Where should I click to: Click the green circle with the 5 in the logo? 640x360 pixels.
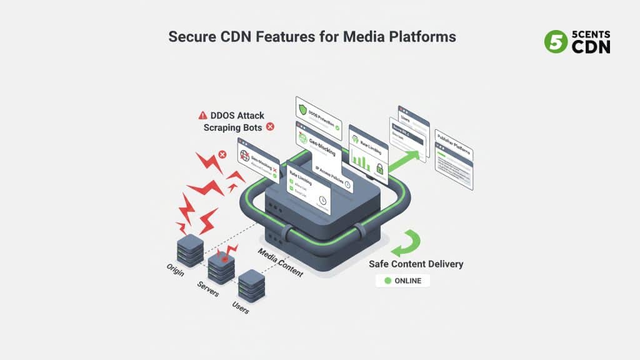click(555, 42)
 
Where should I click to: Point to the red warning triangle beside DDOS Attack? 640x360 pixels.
click(202, 116)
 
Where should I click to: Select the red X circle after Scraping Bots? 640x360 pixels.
click(270, 127)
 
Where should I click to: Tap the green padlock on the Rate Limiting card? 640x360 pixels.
click(379, 167)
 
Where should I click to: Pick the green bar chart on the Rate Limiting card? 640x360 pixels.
click(361, 159)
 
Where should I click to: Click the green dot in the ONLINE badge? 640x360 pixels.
click(387, 281)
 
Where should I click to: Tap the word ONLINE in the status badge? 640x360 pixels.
click(407, 281)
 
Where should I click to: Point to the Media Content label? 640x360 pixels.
click(281, 262)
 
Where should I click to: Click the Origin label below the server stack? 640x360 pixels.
click(176, 270)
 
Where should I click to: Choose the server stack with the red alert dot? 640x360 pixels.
click(221, 265)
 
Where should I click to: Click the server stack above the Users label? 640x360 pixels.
click(251, 284)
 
